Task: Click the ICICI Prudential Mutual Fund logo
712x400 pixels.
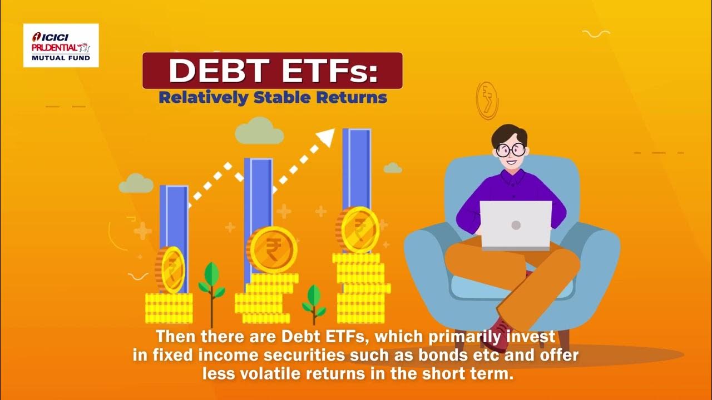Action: pos(61,45)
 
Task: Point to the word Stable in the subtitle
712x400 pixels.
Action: pos(282,98)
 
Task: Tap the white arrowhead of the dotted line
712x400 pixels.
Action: pos(328,137)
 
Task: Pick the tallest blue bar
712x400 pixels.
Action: pos(357,167)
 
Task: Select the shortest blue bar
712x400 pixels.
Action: pos(174,217)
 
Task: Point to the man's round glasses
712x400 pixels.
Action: pos(511,149)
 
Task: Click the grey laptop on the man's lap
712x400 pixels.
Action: pos(516,225)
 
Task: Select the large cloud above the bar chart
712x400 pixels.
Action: pos(259,131)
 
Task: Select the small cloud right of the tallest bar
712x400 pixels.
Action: pos(393,167)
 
